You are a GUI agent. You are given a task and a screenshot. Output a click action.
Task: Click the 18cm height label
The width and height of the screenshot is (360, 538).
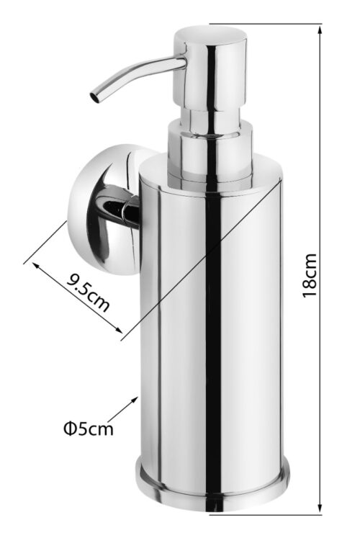(x=309, y=275)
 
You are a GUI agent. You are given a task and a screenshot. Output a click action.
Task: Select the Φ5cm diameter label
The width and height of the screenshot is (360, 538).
(x=88, y=429)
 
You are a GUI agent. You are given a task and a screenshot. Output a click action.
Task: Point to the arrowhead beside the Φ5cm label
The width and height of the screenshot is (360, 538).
(x=135, y=400)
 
